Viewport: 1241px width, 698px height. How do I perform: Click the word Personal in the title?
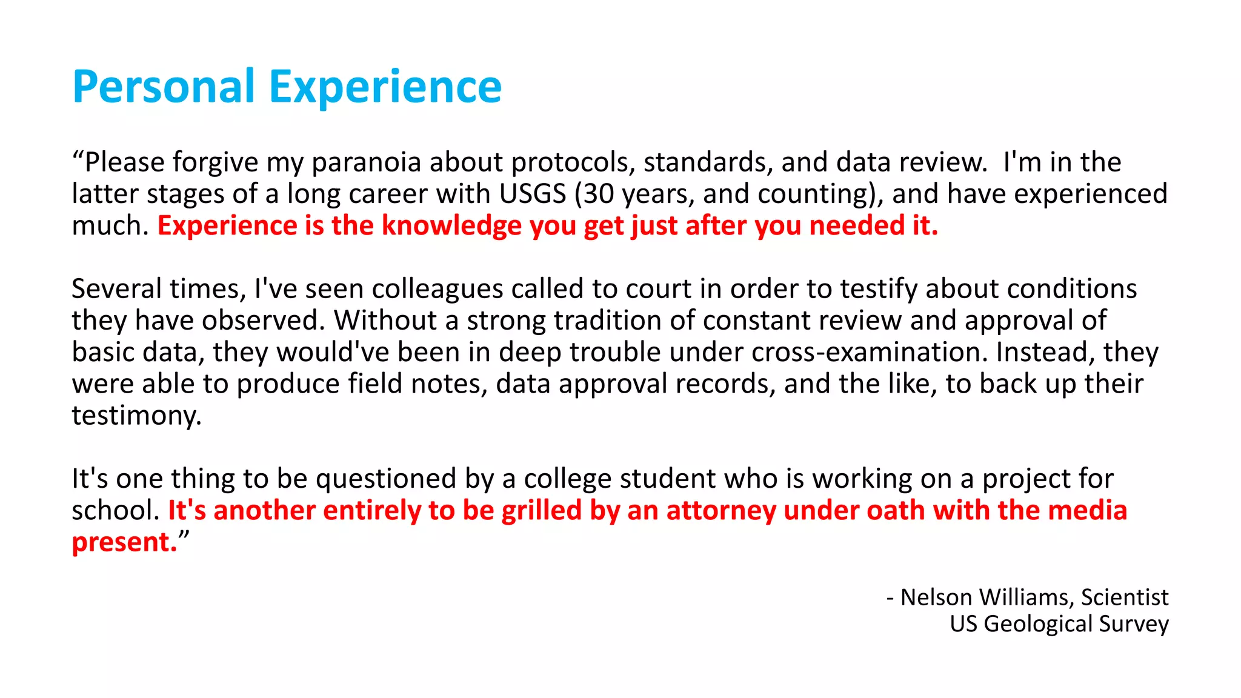[x=164, y=87]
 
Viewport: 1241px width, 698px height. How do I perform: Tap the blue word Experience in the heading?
[x=385, y=87]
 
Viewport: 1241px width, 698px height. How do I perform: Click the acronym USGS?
[x=533, y=194]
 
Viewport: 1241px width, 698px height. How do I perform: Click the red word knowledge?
[x=451, y=226]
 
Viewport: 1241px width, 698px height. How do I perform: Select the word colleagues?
[x=437, y=289]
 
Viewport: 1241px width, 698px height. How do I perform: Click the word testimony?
[x=136, y=416]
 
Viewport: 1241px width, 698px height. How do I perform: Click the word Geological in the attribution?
[x=1038, y=624]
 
